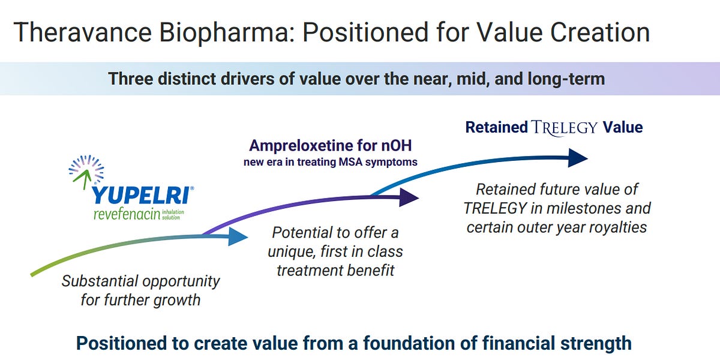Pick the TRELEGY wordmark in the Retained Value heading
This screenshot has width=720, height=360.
click(x=565, y=127)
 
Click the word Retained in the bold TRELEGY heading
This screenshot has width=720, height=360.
click(x=497, y=127)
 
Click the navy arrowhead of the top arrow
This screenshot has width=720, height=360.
click(x=577, y=158)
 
